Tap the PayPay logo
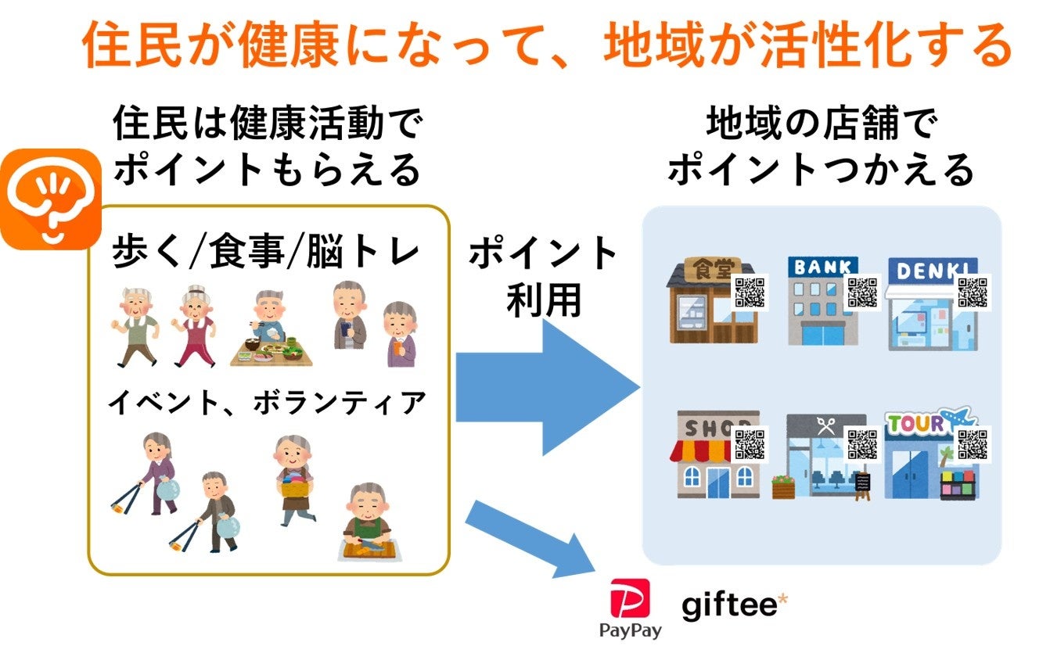pyautogui.click(x=630, y=607)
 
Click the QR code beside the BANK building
pyautogui.click(x=863, y=292)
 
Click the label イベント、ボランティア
pyautogui.click(x=267, y=404)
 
